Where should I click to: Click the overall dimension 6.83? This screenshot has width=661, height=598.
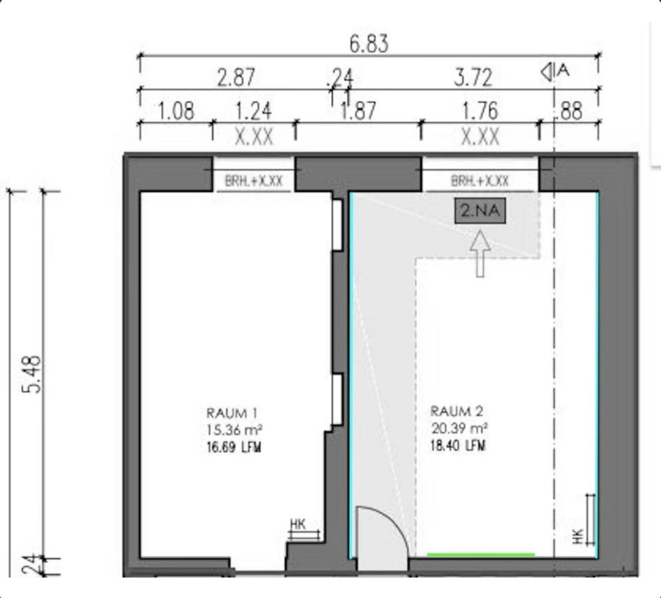point(369,44)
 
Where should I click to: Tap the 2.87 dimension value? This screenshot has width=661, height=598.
point(236,78)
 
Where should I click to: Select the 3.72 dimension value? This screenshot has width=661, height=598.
point(473,78)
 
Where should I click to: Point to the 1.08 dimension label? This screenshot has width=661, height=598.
point(176,111)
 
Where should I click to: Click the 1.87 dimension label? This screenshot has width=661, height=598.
point(358,111)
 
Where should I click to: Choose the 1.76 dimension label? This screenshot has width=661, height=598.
point(480,111)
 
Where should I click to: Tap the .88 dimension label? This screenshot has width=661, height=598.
point(570,111)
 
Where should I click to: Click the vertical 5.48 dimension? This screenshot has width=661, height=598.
point(32,374)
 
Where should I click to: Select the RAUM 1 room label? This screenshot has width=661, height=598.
point(232,413)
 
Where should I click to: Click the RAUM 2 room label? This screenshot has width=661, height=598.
point(457,411)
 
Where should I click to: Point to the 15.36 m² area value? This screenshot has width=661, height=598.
point(234,430)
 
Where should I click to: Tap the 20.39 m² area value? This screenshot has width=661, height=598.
point(459,428)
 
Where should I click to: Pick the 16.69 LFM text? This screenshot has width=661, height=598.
point(234,447)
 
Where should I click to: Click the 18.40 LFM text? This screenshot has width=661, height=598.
point(458,445)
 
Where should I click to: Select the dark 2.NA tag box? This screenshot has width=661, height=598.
point(480,211)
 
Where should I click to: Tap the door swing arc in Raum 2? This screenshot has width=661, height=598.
point(394,520)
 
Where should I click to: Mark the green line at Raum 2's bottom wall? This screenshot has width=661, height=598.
point(481,555)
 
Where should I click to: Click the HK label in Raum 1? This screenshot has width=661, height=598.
point(297,524)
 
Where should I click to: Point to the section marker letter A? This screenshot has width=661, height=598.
point(563,70)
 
